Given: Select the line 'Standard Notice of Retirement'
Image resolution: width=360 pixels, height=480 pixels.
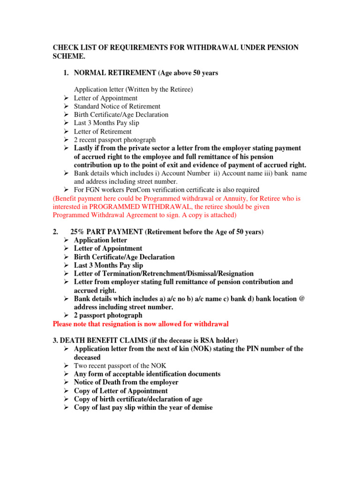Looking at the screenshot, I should pyautogui.click(x=117, y=106).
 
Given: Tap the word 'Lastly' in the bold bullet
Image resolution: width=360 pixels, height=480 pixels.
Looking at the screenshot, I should pyautogui.click(x=84, y=148).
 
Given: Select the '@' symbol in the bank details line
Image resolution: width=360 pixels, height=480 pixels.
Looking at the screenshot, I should pyautogui.click(x=301, y=299).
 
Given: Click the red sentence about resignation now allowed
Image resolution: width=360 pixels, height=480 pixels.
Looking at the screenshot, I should pyautogui.click(x=141, y=324).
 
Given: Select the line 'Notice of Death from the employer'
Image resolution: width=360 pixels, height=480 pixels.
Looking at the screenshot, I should pyautogui.click(x=126, y=382).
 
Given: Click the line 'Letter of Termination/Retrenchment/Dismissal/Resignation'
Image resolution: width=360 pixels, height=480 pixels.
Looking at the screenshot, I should pyautogui.click(x=164, y=274).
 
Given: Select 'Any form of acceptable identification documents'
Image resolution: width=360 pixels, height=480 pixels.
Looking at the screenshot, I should pyautogui.click(x=147, y=374).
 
